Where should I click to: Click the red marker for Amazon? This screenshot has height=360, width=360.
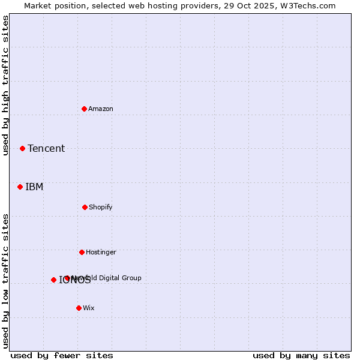(x=85, y=109)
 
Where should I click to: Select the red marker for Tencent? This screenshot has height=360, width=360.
(x=23, y=148)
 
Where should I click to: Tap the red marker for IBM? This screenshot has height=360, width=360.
(x=20, y=187)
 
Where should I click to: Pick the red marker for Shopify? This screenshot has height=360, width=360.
(x=85, y=207)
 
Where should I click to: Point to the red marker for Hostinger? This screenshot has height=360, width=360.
(x=82, y=252)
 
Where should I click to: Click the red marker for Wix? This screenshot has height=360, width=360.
(x=79, y=308)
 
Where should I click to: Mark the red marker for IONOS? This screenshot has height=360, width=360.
(x=53, y=280)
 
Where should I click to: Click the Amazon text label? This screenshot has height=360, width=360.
(x=101, y=109)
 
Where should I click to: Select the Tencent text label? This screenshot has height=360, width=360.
(x=46, y=148)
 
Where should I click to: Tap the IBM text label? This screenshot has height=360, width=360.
(x=34, y=187)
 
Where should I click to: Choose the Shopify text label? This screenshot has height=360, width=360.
(x=101, y=207)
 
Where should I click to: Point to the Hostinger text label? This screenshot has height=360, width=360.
(x=101, y=252)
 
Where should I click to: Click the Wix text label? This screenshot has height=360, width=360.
(x=89, y=308)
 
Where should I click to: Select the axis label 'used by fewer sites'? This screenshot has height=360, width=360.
(x=62, y=355)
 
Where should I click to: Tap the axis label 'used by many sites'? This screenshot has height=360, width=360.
(x=301, y=355)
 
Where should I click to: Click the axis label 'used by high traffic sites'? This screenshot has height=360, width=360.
(x=5, y=85)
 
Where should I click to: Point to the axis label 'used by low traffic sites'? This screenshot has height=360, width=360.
(x=5, y=280)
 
